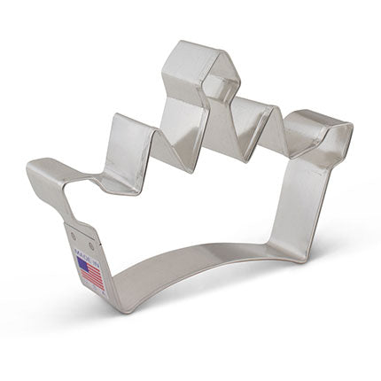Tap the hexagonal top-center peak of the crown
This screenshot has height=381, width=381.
click(201, 62)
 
